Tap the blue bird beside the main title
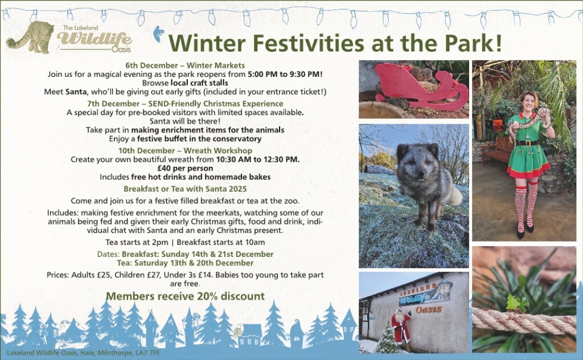pos(159,34)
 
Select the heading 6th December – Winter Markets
pos(185,66)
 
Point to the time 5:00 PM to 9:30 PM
pos(285,74)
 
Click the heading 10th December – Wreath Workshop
pos(185,150)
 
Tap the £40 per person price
pos(185,169)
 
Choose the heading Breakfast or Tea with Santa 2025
pos(185,189)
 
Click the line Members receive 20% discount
pos(185,296)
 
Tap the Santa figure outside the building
pos(401,328)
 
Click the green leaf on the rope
pos(518,302)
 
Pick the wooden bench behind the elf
pos(496,149)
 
